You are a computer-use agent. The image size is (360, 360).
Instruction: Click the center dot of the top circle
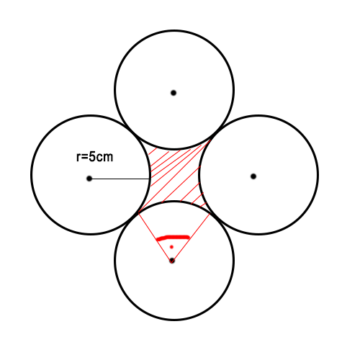coord(174,93)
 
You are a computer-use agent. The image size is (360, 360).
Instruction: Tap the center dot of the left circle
coord(89,179)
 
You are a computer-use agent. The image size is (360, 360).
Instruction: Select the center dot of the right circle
coord(253,176)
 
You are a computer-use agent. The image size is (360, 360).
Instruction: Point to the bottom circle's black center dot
coord(172,261)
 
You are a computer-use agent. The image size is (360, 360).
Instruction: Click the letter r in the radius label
coord(78,158)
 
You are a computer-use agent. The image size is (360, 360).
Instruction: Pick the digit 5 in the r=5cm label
coord(92,157)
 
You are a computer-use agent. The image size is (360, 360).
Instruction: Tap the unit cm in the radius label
coord(104,158)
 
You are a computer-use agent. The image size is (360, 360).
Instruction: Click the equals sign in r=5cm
coord(84,158)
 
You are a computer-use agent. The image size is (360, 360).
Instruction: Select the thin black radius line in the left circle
coord(120,179)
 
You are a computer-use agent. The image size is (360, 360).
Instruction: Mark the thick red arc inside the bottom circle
coord(173,238)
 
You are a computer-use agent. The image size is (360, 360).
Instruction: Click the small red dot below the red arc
coord(171,247)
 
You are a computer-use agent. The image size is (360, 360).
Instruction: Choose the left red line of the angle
coord(156,237)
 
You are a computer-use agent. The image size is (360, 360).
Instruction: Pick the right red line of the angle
coord(191,237)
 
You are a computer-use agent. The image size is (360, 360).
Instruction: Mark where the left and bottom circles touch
coord(132,217)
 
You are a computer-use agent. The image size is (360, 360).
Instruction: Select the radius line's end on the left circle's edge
coord(150,179)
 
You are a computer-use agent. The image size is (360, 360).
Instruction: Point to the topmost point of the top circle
coord(174,31)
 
